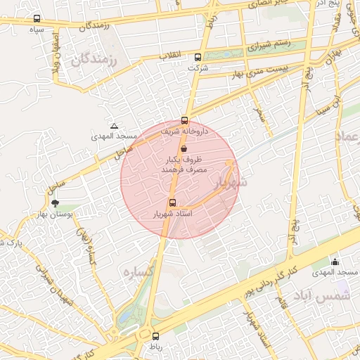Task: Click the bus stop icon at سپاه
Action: (x=37, y=19)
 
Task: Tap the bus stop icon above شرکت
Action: (x=198, y=58)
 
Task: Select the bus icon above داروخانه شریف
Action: (x=185, y=120)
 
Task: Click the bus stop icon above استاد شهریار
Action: (x=173, y=202)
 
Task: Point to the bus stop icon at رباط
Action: (x=155, y=336)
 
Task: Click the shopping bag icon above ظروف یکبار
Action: (x=184, y=149)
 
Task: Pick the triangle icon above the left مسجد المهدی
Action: (x=115, y=125)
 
